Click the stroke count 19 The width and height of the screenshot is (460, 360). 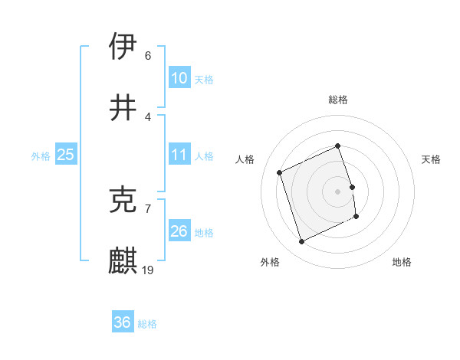click(x=148, y=270)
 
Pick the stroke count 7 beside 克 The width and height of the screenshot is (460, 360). click(x=148, y=208)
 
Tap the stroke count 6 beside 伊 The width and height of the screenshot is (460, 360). click(x=148, y=55)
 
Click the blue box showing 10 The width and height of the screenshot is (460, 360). click(x=179, y=77)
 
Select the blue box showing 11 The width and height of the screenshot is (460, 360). click(x=179, y=155)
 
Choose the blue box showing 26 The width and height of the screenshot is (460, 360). click(x=179, y=231)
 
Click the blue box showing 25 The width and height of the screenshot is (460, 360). click(x=65, y=155)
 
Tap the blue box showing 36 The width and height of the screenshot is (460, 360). click(x=122, y=322)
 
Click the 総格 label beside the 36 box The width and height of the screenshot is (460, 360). click(x=147, y=324)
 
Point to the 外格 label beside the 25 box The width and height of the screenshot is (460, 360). click(x=41, y=156)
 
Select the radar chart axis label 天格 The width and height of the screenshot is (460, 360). click(x=432, y=159)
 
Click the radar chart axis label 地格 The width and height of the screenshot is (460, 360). click(x=402, y=262)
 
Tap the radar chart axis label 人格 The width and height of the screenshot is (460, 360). click(x=245, y=159)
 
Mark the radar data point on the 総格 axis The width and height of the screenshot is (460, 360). click(x=337, y=146)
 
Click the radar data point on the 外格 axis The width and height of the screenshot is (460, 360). click(x=301, y=242)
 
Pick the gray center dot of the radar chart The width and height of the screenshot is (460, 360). click(x=337, y=191)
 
